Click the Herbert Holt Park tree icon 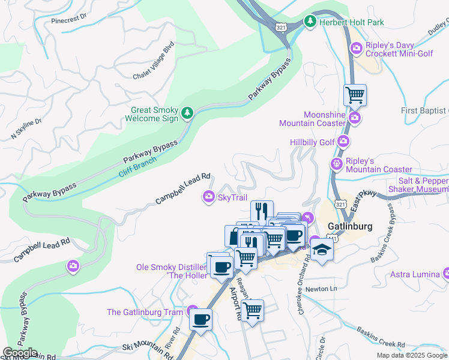pos(310,22)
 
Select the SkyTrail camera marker pos(209,197)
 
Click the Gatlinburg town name pos(351,226)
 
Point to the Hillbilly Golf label pos(312,142)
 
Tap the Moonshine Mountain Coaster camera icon pos(355,118)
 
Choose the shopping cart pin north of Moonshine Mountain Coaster pos(355,95)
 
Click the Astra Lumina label pos(415,274)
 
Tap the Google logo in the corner pos(20,353)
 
